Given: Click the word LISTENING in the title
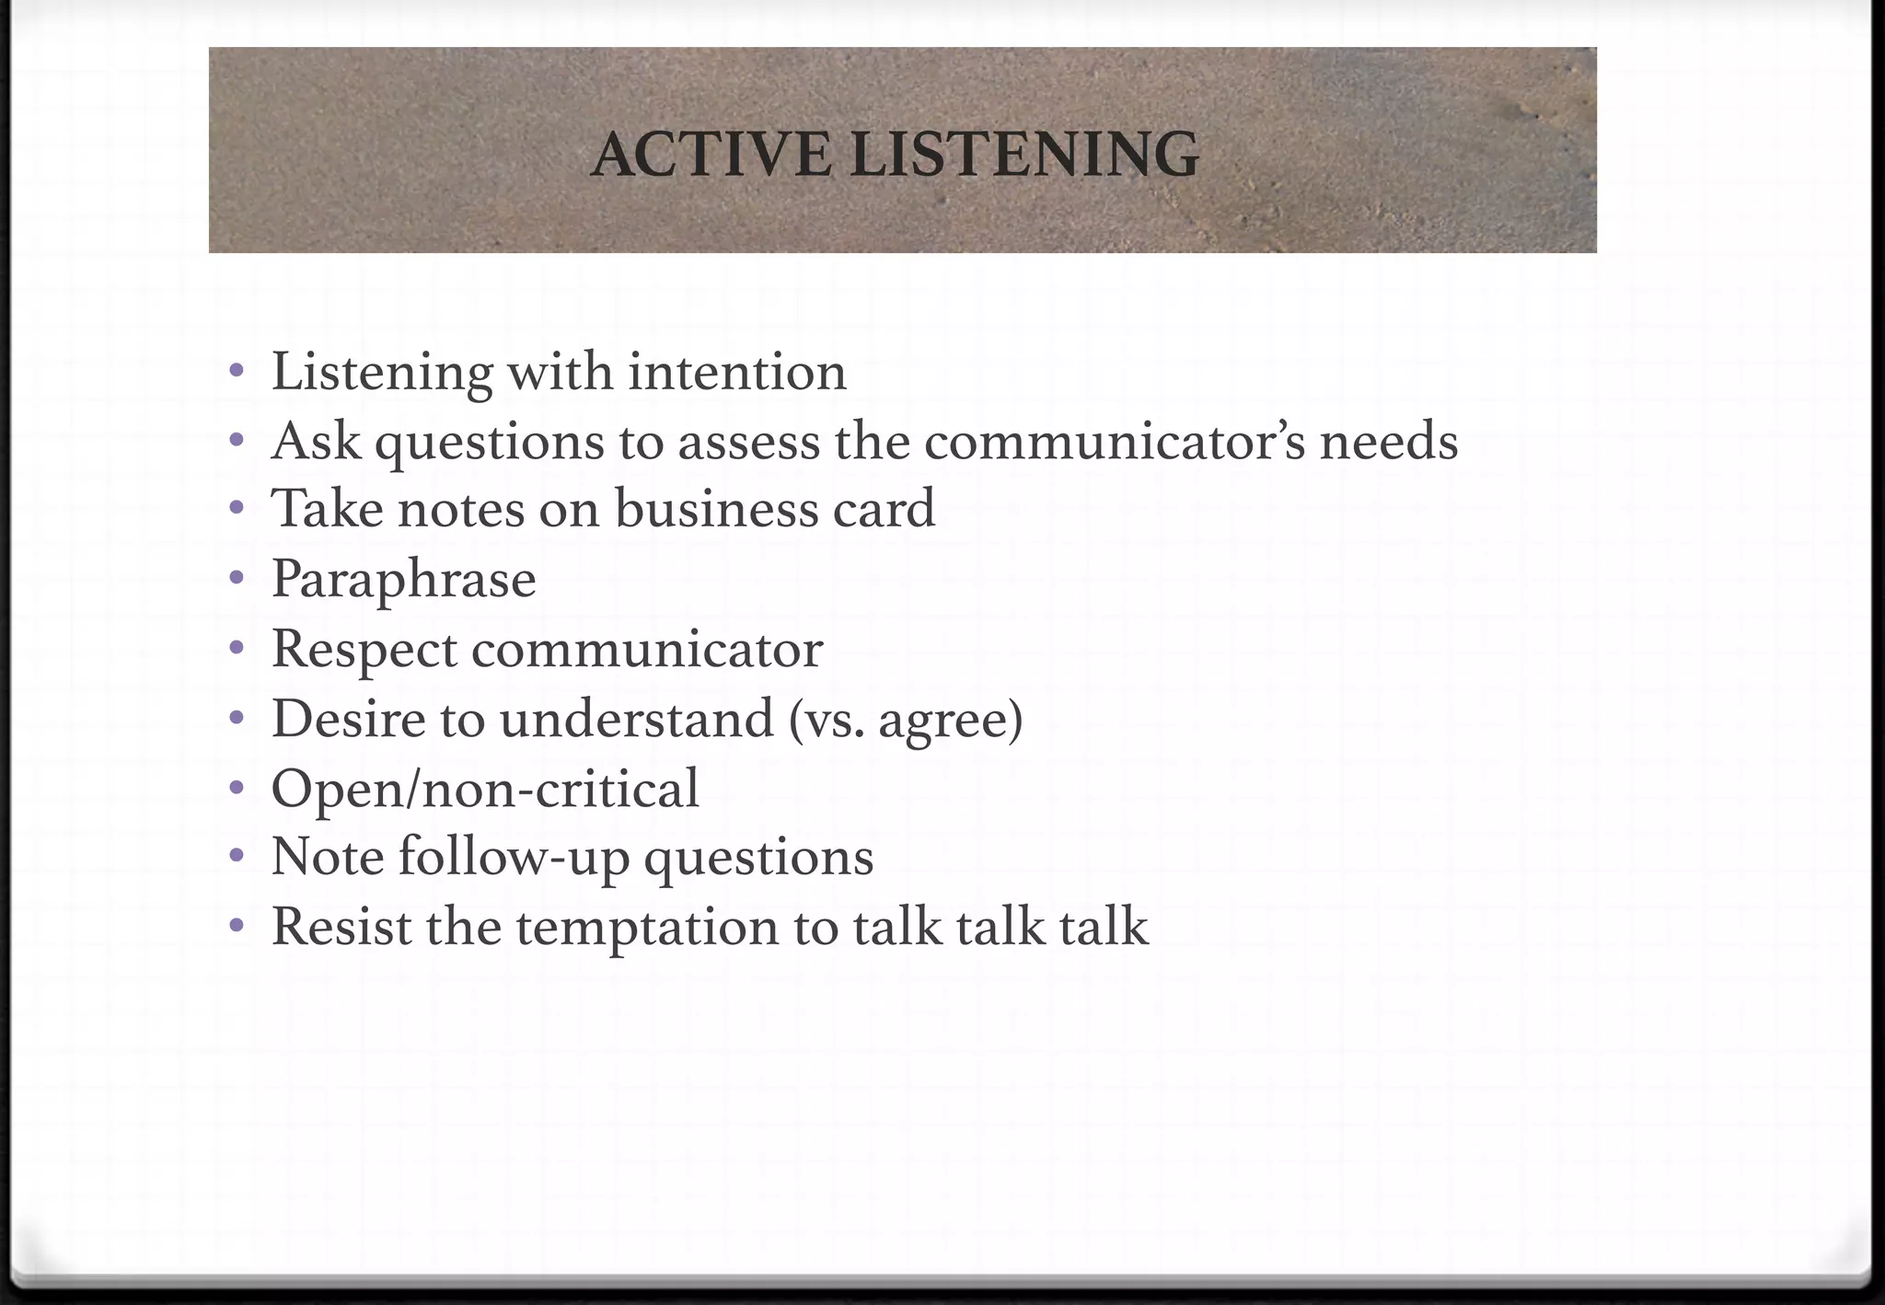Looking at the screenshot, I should (1024, 155).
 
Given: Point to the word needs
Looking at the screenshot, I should (1389, 442).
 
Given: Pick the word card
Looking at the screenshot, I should (884, 509).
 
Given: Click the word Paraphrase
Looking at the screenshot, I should (403, 580).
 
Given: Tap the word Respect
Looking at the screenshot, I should (364, 650).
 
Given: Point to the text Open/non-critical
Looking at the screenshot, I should (485, 790).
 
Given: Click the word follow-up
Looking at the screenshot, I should (514, 859).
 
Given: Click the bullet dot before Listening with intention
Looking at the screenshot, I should (237, 372).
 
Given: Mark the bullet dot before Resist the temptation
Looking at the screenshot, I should (237, 925).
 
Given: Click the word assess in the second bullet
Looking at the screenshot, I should (748, 442).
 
